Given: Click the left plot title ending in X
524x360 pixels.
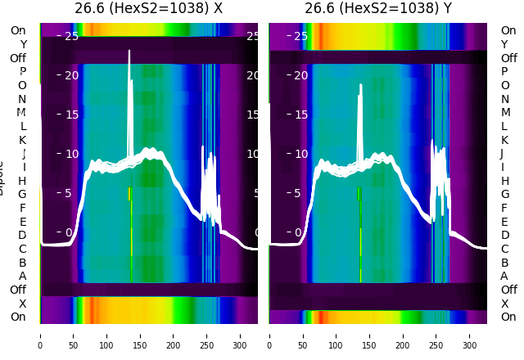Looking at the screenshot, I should coord(148,9).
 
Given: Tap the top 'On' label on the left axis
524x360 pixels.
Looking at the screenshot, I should coord(18,30).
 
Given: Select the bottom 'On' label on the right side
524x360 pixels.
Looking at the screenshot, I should coord(508,317).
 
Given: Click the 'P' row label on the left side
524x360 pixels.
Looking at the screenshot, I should coord(23,71).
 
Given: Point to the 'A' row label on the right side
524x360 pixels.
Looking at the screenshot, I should coord(504,276).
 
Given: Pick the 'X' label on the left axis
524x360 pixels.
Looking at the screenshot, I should coord(23,304).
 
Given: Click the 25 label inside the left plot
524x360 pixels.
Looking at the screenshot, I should coord(71,36).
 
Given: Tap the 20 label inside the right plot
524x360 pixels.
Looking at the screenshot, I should coord(300,75).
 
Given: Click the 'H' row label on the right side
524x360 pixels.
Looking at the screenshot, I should coord(504,181).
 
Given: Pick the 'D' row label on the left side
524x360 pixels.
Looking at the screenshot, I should coord(23,236).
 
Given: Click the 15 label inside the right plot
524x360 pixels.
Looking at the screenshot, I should coord(300,115).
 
